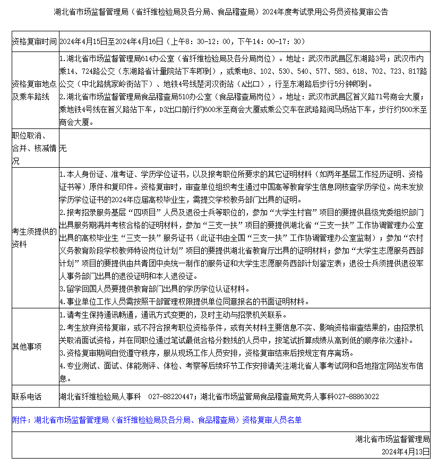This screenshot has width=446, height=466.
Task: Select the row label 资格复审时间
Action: [x=34, y=41]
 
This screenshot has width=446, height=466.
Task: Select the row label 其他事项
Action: [x=27, y=347]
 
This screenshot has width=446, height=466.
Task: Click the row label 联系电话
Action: [x=27, y=396]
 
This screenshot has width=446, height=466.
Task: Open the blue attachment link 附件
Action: [x=157, y=420]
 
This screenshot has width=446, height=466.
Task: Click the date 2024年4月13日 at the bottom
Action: [x=405, y=451]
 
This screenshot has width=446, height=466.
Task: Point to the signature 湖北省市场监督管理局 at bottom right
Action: [x=392, y=439]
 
